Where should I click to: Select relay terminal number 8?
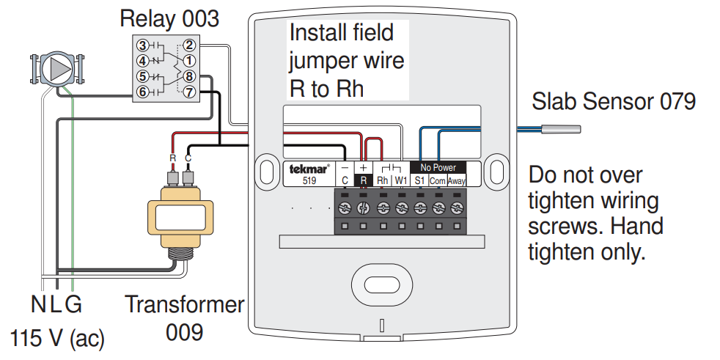point(188,76)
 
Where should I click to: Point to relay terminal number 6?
point(143,92)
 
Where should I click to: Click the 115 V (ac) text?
point(57,338)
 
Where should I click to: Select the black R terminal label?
point(364,180)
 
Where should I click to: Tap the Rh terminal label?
point(382,180)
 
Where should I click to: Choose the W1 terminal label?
point(400,180)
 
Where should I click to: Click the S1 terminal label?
point(419,180)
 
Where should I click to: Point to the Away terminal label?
point(457,180)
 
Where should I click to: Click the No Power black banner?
point(438,168)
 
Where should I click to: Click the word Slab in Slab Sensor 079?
point(554,100)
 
